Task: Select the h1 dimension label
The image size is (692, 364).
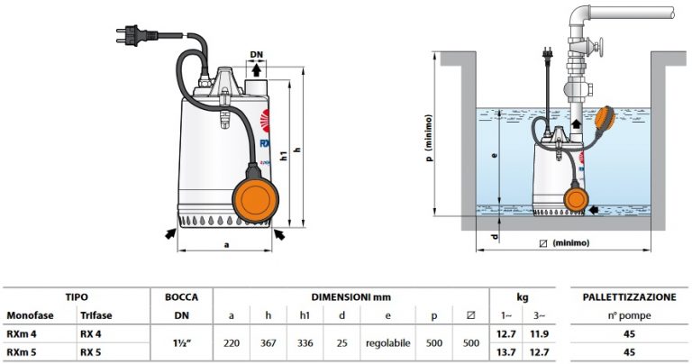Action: [x=285, y=156]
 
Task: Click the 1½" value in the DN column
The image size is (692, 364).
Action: [x=180, y=343]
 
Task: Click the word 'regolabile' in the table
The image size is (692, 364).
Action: [x=388, y=343]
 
